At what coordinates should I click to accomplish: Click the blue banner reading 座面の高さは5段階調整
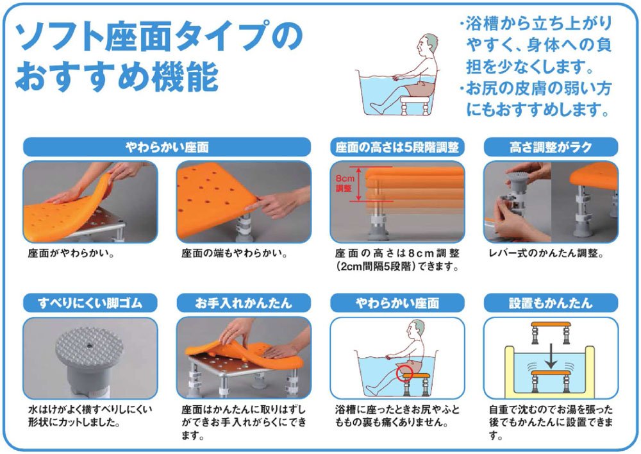tap(397, 147)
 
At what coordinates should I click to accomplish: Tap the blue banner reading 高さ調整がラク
tap(551, 147)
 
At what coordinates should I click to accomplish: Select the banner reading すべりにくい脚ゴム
tap(90, 303)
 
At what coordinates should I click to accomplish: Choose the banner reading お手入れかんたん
tap(244, 303)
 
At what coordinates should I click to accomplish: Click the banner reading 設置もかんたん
tap(551, 303)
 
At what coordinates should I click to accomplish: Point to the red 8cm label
tap(345, 179)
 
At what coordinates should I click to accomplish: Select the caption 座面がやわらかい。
tap(71, 253)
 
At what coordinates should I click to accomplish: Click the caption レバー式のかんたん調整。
tap(546, 253)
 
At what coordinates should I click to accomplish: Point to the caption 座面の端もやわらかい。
tap(235, 253)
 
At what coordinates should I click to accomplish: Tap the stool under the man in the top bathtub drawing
tap(415, 105)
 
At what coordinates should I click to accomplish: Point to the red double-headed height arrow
tap(358, 183)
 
